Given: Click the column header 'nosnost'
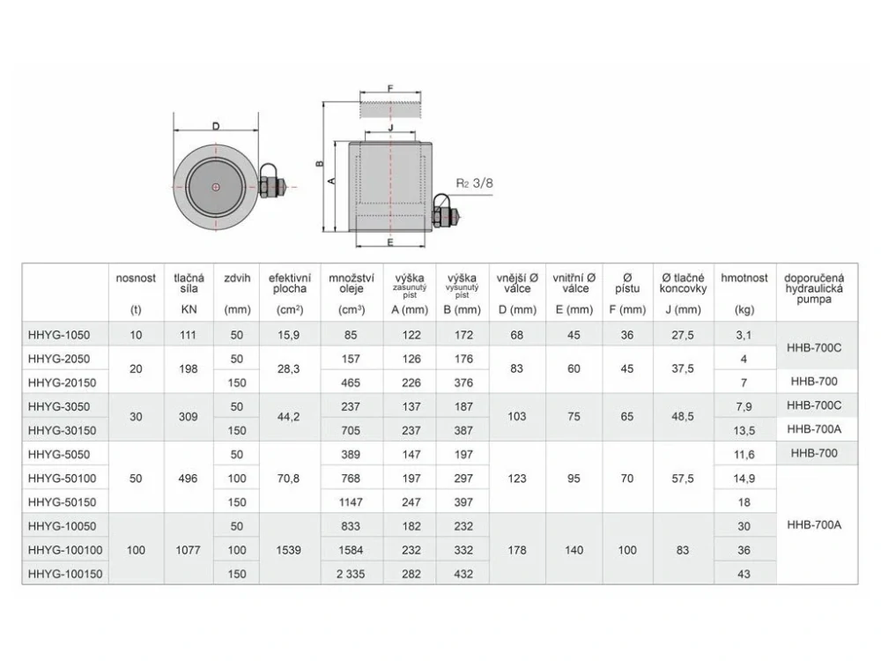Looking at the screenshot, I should coord(136,279).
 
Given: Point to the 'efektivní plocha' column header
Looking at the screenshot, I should coord(289,283).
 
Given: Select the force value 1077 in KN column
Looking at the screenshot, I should coord(189,550).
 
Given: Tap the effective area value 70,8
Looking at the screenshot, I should coord(289,479).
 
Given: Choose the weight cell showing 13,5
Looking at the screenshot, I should coord(745,430).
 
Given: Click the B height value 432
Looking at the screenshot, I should coord(463,574).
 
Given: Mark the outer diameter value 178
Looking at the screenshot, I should coord(517,550).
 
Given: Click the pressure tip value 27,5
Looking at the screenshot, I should coord(682,335).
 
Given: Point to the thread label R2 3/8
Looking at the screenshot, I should coord(475,184).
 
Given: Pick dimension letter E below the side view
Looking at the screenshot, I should coord(389,241).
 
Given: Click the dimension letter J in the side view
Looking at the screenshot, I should coord(389,128).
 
